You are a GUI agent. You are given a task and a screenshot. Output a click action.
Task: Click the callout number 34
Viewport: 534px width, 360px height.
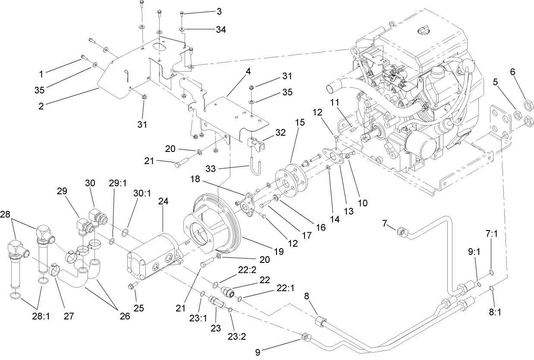tap(220, 29)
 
